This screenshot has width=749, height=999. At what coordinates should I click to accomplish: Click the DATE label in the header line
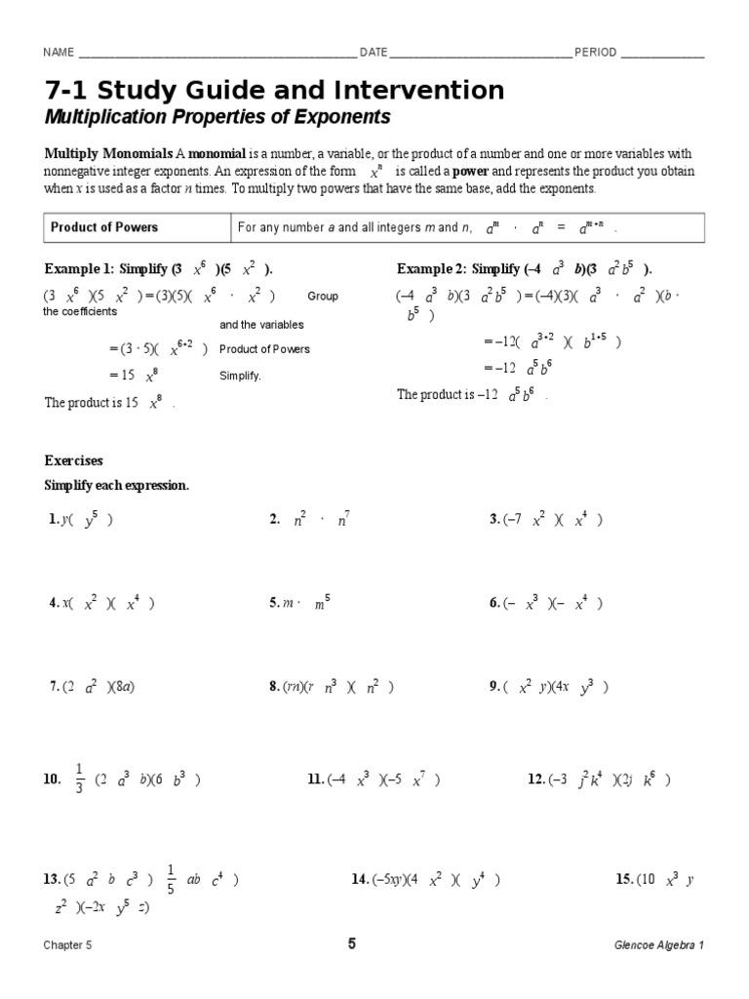[374, 53]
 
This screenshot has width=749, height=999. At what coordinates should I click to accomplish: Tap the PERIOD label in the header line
[595, 53]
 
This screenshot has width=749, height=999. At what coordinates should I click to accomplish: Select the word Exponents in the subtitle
[346, 118]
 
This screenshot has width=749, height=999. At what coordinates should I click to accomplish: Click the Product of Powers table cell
[104, 227]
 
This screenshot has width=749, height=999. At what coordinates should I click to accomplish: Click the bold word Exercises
[74, 460]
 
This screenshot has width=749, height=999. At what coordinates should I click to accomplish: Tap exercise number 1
[52, 521]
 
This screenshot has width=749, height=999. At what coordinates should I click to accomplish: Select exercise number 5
[274, 604]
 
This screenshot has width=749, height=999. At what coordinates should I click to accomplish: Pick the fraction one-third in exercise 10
[79, 779]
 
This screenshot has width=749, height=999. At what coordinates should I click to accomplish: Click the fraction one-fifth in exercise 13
[170, 879]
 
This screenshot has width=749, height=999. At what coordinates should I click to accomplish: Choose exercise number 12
[535, 779]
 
